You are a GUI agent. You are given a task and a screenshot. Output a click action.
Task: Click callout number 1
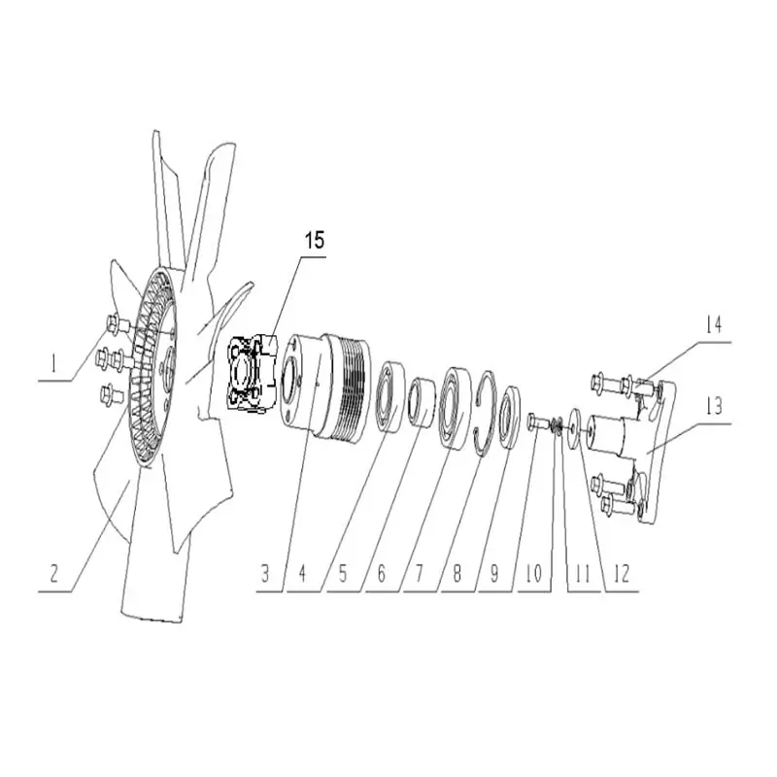pos(55,366)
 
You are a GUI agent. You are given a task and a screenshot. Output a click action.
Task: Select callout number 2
pos(56,573)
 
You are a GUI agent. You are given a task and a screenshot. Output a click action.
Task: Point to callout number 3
pos(264,573)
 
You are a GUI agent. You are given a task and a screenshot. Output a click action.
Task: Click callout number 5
pos(341,573)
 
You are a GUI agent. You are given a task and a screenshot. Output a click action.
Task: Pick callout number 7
pos(419,573)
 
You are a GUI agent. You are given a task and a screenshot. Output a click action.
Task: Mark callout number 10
pos(533,573)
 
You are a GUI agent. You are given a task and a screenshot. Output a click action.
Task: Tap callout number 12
pos(622,573)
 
